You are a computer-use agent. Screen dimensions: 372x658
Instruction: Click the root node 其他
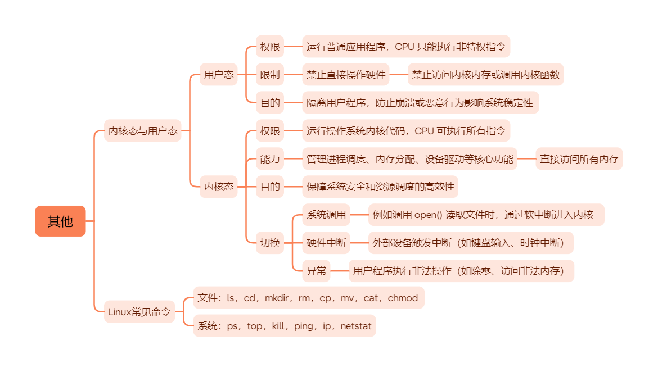(x=60, y=221)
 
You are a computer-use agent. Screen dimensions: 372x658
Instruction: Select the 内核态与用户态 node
(x=143, y=131)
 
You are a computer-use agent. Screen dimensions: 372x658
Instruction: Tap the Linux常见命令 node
(x=139, y=312)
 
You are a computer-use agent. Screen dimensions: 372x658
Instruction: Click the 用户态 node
(x=218, y=75)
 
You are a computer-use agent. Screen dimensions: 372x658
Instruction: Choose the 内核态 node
(x=218, y=187)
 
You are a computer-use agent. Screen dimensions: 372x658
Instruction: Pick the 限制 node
(x=270, y=75)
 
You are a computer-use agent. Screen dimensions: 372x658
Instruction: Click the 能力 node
(x=270, y=159)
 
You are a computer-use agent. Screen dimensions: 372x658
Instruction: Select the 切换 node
(x=270, y=243)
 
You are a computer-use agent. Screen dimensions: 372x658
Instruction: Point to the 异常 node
(x=316, y=271)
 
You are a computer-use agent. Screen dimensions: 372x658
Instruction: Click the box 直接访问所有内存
(x=579, y=159)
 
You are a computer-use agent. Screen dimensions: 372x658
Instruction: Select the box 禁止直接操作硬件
(x=346, y=75)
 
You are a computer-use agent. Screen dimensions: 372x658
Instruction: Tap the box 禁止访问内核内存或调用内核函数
(x=485, y=75)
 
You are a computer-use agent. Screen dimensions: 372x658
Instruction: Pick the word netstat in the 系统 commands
(x=356, y=326)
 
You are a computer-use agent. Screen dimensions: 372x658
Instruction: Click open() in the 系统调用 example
(x=429, y=215)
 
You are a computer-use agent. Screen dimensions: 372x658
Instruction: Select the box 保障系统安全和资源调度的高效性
(x=380, y=187)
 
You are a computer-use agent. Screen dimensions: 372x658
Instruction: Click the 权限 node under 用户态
(x=270, y=47)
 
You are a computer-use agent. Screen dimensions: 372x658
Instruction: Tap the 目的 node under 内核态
(x=270, y=187)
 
